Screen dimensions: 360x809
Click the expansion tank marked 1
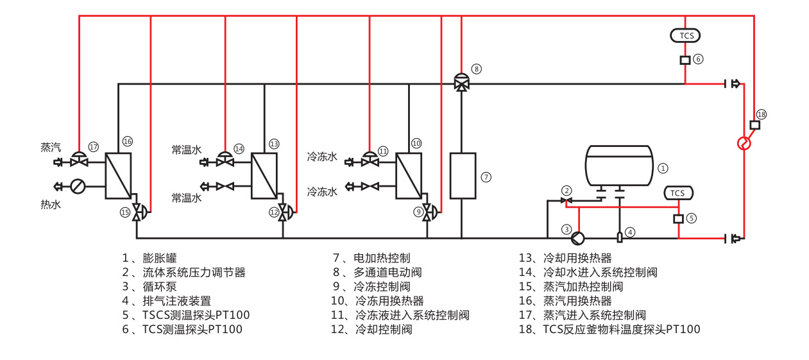tap(619, 166)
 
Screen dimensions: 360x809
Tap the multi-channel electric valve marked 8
tap(461, 82)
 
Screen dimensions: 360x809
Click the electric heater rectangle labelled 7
tap(462, 175)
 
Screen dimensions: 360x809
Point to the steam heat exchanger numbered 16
tap(118, 175)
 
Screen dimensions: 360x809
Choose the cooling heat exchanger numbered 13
tap(264, 175)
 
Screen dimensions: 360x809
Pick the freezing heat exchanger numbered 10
tap(409, 175)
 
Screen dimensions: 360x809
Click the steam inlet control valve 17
tap(79, 159)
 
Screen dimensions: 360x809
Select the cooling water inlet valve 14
tap(225, 159)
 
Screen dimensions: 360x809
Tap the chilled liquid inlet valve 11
tap(370, 159)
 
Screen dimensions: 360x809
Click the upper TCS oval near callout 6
tap(685, 35)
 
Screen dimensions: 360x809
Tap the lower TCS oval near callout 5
tap(677, 193)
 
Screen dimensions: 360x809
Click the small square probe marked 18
tap(754, 125)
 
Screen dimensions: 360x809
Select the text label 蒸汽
tap(51, 147)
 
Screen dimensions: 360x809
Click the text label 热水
tap(51, 204)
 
